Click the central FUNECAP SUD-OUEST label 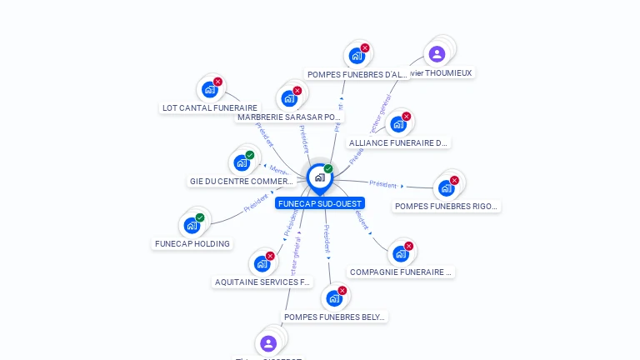click(x=320, y=203)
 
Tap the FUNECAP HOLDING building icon click(x=192, y=225)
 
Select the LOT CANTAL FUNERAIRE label click(x=210, y=107)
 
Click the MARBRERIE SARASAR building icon click(x=289, y=98)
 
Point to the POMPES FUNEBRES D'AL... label click(x=357, y=74)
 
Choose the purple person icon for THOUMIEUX click(x=437, y=54)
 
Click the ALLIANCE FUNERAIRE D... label click(x=398, y=142)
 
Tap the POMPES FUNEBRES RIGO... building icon click(x=446, y=187)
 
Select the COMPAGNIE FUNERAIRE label click(x=401, y=272)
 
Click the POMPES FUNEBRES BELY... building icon click(x=334, y=297)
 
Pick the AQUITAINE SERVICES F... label click(x=262, y=282)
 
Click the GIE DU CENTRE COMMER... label click(x=241, y=181)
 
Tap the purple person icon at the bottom click(x=267, y=342)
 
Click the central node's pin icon click(x=319, y=177)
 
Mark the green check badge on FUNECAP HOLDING click(x=200, y=217)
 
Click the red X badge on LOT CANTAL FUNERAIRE click(x=217, y=82)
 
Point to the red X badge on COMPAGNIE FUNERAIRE click(x=408, y=246)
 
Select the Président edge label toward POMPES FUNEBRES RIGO click(x=382, y=183)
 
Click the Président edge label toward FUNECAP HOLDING click(x=255, y=204)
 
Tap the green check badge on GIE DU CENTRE click(x=249, y=155)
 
